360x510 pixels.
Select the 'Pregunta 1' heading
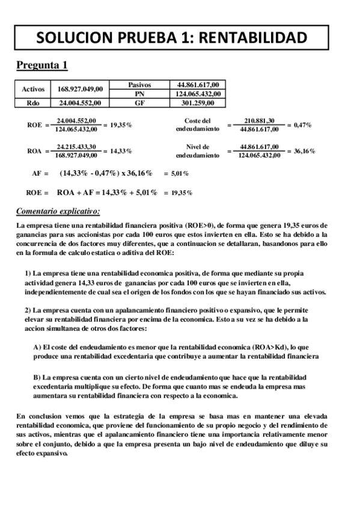pyautogui.click(x=41, y=65)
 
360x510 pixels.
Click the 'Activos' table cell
pyautogui.click(x=33, y=89)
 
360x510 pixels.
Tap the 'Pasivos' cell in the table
pyautogui.click(x=139, y=85)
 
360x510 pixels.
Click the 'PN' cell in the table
pyautogui.click(x=139, y=93)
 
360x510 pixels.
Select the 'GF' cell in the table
pyautogui.click(x=139, y=102)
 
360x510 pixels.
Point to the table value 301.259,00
pyautogui.click(x=198, y=102)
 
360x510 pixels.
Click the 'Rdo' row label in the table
pyautogui.click(x=33, y=102)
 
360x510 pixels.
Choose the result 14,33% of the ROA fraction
pyautogui.click(x=121, y=150)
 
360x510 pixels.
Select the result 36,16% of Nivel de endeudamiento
pyautogui.click(x=302, y=150)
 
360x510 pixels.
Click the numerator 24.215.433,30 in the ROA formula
pyautogui.click(x=76, y=146)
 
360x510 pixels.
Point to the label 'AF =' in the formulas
pyautogui.click(x=40, y=173)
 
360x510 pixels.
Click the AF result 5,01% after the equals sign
pyautogui.click(x=180, y=174)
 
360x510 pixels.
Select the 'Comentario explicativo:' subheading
pyautogui.click(x=58, y=211)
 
